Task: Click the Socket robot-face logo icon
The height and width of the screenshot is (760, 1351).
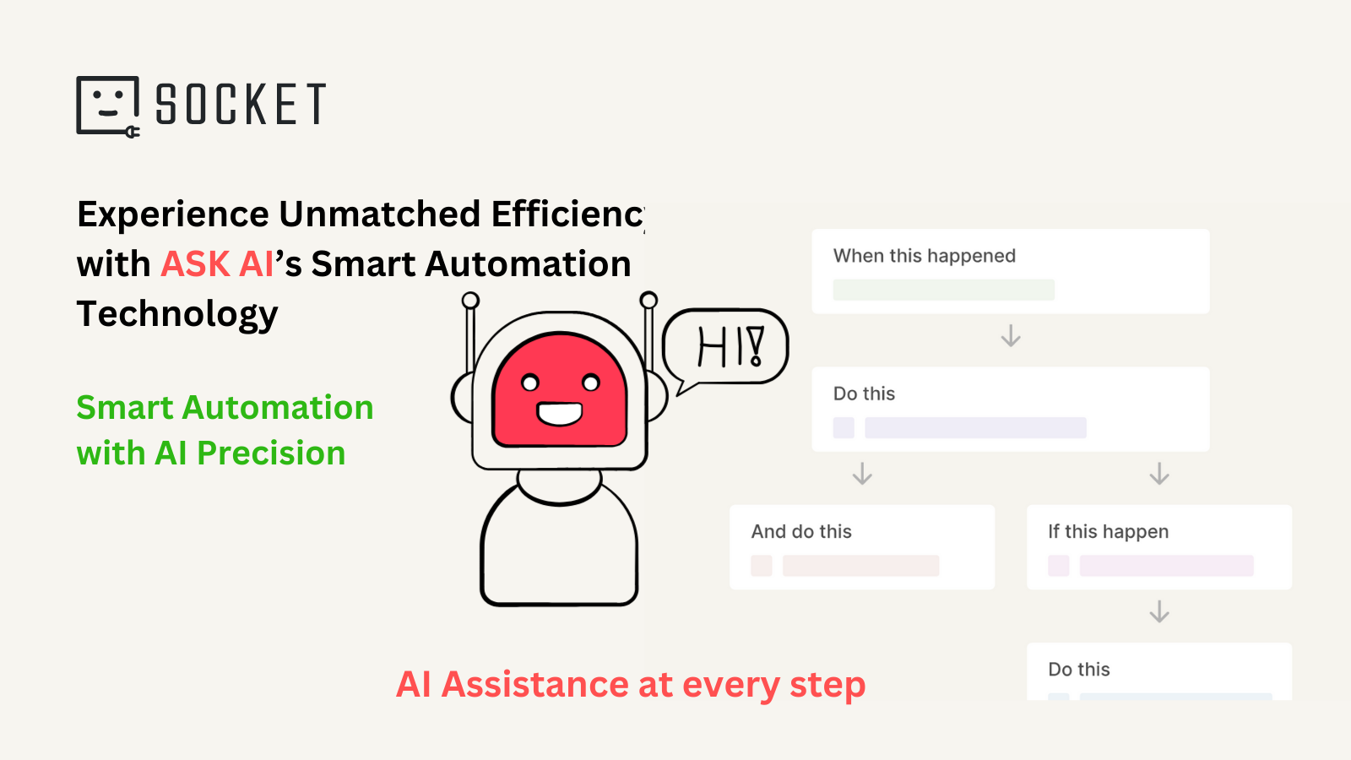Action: tap(107, 106)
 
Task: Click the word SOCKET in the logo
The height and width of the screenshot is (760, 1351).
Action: tap(241, 105)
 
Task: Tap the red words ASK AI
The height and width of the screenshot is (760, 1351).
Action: tap(217, 264)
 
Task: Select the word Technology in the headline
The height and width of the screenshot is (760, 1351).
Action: tap(177, 314)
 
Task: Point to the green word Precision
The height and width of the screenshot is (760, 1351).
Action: tap(271, 453)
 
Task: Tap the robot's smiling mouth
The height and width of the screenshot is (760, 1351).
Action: tap(560, 414)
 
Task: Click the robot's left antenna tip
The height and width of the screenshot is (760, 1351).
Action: tap(470, 301)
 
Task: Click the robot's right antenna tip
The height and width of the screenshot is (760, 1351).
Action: tap(648, 300)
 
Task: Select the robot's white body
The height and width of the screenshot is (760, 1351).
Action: tap(559, 549)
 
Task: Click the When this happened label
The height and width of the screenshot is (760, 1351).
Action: tap(924, 256)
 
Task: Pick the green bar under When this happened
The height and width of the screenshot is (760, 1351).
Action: tap(943, 290)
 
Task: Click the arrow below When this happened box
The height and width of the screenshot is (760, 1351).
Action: tap(1011, 337)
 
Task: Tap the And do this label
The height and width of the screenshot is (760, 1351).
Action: tap(801, 532)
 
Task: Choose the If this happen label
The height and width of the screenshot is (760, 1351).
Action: tap(1108, 532)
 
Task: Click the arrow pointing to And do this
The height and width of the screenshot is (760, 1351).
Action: tap(862, 474)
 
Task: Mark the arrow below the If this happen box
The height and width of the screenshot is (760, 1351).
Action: tap(1159, 611)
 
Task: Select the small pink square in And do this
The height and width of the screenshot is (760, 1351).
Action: tap(762, 566)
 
